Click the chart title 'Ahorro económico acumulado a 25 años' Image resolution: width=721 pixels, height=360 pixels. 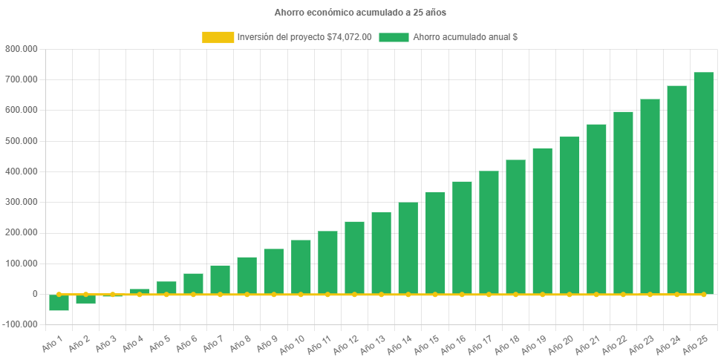(x=360, y=13)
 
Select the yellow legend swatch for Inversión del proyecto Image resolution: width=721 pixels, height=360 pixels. (x=218, y=37)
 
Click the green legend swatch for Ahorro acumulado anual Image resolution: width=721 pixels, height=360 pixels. (x=394, y=37)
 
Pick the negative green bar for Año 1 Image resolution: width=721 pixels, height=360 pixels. (x=59, y=303)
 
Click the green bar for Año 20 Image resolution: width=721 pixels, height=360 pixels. (x=570, y=215)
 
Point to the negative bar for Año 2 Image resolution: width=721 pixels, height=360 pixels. (x=86, y=299)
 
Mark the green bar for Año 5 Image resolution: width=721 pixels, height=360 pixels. (x=166, y=287)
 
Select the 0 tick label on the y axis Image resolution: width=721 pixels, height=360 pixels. (x=35, y=294)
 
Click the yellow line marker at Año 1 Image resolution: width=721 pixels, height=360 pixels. (x=59, y=294)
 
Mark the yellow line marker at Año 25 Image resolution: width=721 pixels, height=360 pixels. (x=703, y=295)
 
